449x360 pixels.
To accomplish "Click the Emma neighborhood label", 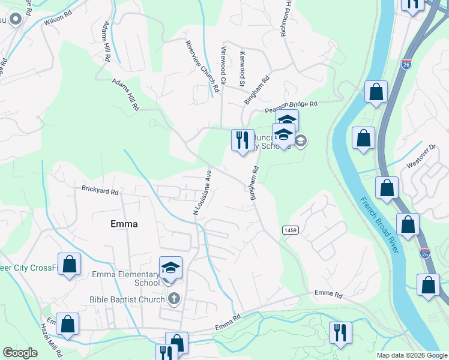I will [x=124, y=224].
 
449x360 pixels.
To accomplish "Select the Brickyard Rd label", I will [x=100, y=191].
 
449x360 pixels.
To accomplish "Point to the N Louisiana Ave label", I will [x=202, y=191].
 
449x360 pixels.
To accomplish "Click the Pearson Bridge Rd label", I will [x=291, y=107].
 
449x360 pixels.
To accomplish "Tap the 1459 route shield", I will [x=289, y=230].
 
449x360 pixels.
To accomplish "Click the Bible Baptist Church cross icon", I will [x=174, y=299].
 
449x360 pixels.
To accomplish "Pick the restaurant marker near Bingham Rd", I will [x=242, y=140].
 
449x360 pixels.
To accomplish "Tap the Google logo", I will [x=20, y=353].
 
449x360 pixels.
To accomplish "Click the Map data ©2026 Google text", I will [x=411, y=355].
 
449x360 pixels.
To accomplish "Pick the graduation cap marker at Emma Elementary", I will [x=170, y=268].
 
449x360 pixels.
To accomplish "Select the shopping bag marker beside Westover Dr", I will [x=387, y=188].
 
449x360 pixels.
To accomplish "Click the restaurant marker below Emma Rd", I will [x=340, y=332].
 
